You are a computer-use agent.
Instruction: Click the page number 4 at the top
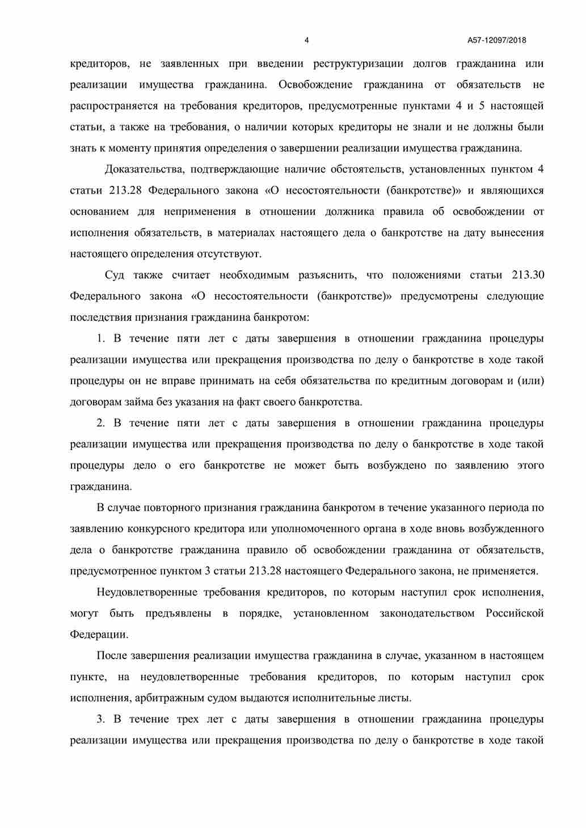(307, 40)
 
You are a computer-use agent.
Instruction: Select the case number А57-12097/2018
(497, 40)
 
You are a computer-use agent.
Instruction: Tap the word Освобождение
(315, 85)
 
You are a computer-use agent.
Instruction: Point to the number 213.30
(528, 275)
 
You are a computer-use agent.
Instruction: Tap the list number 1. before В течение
(101, 339)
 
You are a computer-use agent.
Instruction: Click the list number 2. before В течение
(101, 423)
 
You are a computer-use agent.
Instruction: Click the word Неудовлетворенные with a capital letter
(148, 593)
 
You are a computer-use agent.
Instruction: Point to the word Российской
(515, 614)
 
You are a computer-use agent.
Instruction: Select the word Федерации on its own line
(99, 635)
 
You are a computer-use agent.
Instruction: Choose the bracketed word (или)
(530, 381)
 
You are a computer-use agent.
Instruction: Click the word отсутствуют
(229, 254)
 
